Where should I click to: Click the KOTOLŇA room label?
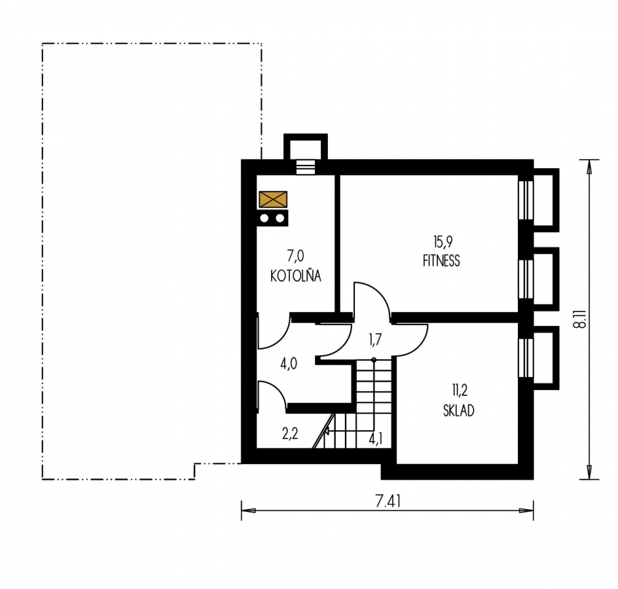pos(296,276)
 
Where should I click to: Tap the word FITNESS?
pos(441,261)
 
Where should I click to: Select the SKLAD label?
pos(459,410)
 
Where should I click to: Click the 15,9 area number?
pos(443,241)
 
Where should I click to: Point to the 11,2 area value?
pos(460,391)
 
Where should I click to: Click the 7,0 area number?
pos(296,256)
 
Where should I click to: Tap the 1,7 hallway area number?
pos(375,339)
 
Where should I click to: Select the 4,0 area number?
pos(289,364)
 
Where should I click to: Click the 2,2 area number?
pos(289,434)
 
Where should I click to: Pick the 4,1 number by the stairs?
pos(376,438)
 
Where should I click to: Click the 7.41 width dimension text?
pos(388,501)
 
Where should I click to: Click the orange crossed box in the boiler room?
pos(273,200)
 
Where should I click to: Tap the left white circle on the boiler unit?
pos(264,218)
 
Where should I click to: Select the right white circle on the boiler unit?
pos(280,218)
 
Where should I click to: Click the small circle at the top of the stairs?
pos(374,360)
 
